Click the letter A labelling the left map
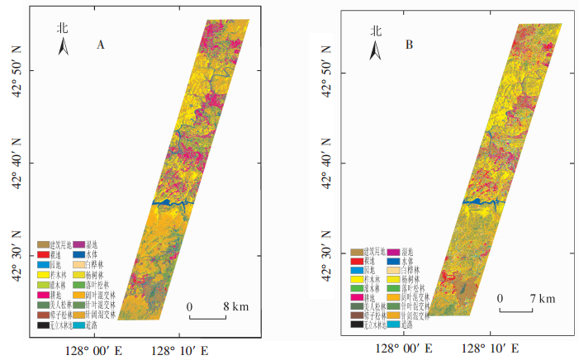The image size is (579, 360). point(100,45)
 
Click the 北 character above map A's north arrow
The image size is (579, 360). point(62,27)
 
